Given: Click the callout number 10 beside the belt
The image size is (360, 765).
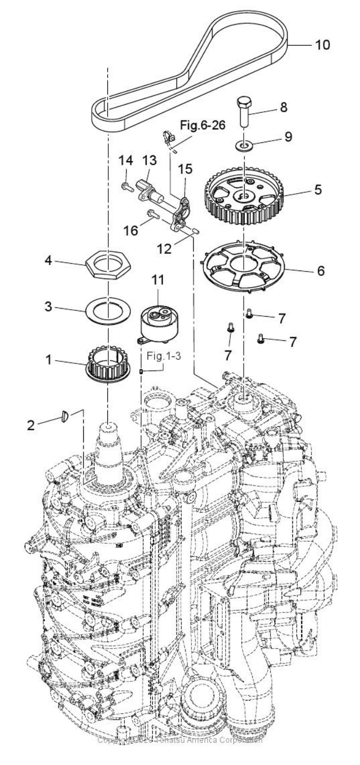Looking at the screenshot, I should [323, 45].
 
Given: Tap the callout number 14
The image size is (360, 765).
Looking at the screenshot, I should [125, 159].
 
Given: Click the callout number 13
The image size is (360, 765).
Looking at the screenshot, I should [148, 159].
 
